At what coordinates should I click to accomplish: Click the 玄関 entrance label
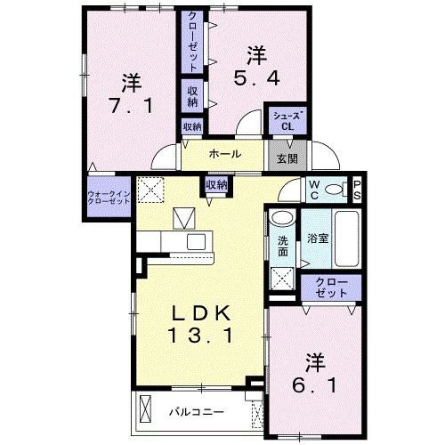tap(287, 159)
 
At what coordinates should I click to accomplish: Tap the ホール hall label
tap(225, 154)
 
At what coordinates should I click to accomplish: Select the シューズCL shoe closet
tap(287, 121)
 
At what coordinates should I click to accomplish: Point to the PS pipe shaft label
tap(357, 190)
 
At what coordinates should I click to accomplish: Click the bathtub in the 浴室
tap(346, 239)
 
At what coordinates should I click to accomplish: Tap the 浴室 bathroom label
tap(318, 239)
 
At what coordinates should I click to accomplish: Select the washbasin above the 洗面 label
tap(282, 219)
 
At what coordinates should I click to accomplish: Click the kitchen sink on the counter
tap(196, 241)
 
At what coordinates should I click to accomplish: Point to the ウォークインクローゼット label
tap(109, 198)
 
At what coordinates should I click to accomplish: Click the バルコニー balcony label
tap(197, 412)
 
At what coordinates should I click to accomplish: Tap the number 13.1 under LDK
tap(200, 336)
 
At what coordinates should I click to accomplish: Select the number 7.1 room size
tap(132, 105)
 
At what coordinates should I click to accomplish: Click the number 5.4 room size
tap(257, 78)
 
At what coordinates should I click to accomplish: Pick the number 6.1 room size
tap(314, 385)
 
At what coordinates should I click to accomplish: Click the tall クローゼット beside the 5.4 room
tap(192, 42)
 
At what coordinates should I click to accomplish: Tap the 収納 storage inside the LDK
tap(216, 185)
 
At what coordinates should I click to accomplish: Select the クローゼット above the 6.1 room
tap(331, 287)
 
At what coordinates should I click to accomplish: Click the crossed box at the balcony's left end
tap(145, 409)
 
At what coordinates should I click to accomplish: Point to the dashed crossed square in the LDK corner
tap(150, 190)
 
